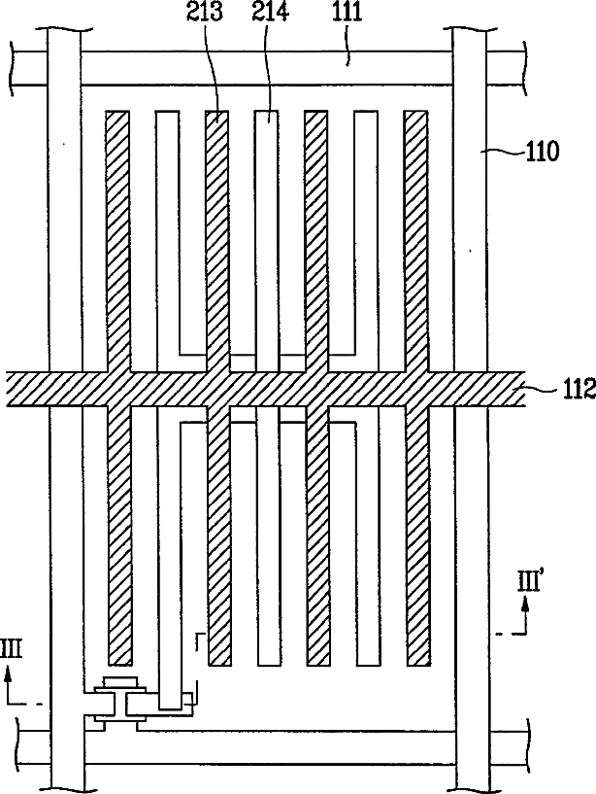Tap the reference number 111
pyautogui.click(x=342, y=15)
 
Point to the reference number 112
pyautogui.click(x=568, y=395)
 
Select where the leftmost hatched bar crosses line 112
pyautogui.click(x=117, y=389)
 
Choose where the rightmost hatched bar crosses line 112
pyautogui.click(x=416, y=389)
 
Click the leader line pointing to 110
pyautogui.click(x=504, y=152)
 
